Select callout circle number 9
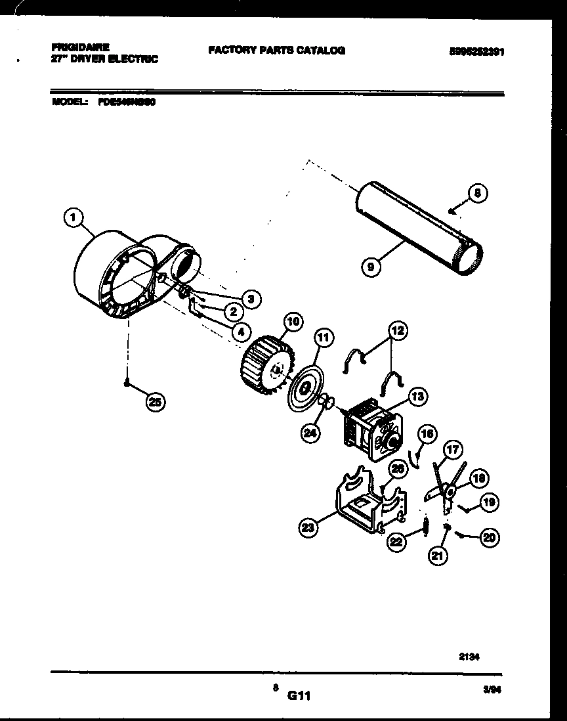(371, 267)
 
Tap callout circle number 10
(293, 322)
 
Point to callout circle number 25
(156, 403)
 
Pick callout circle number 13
(417, 396)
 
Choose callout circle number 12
(398, 331)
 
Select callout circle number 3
(249, 299)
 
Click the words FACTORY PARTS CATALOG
(276, 50)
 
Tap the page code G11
(297, 695)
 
